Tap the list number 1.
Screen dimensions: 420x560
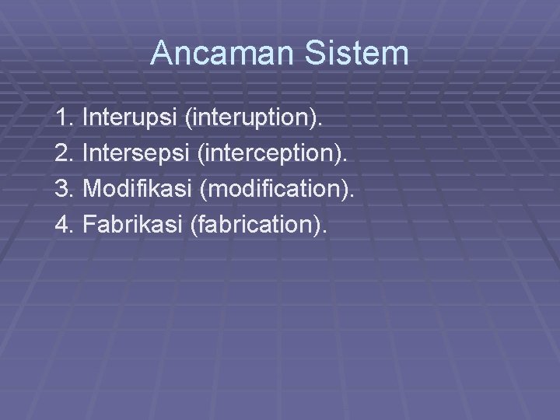point(63,119)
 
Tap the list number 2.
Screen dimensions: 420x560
point(63,154)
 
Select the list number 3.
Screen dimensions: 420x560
point(63,189)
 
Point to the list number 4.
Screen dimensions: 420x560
point(63,224)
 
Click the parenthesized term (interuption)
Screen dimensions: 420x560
point(254,119)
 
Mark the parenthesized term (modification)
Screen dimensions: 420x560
point(275,189)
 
